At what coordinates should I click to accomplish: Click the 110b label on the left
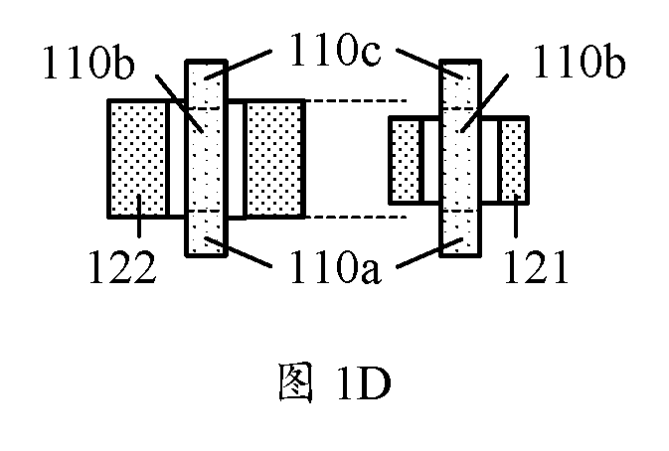[x=88, y=64]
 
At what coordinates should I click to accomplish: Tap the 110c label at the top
[x=335, y=50]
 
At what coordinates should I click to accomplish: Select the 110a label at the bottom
[x=335, y=267]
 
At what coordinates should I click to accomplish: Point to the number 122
[x=122, y=267]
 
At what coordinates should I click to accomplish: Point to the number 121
[x=536, y=267]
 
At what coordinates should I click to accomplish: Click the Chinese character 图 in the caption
[x=295, y=382]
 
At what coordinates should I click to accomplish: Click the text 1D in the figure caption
[x=364, y=383]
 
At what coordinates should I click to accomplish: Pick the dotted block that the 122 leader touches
[x=138, y=159]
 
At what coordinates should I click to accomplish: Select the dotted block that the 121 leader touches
[x=514, y=160]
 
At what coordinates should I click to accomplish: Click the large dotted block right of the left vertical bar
[x=274, y=159]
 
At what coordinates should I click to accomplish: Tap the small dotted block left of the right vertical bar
[x=406, y=160]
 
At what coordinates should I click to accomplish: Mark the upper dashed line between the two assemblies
[x=356, y=101]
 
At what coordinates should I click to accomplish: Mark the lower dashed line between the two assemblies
[x=356, y=217]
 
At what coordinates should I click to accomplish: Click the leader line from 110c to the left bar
[x=238, y=64]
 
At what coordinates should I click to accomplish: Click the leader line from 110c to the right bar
[x=429, y=64]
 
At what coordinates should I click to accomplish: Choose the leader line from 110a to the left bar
[x=238, y=252]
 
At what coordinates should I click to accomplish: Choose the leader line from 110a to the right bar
[x=429, y=252]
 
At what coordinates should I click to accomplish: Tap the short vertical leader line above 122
[x=138, y=216]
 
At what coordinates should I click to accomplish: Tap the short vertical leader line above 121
[x=516, y=216]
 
